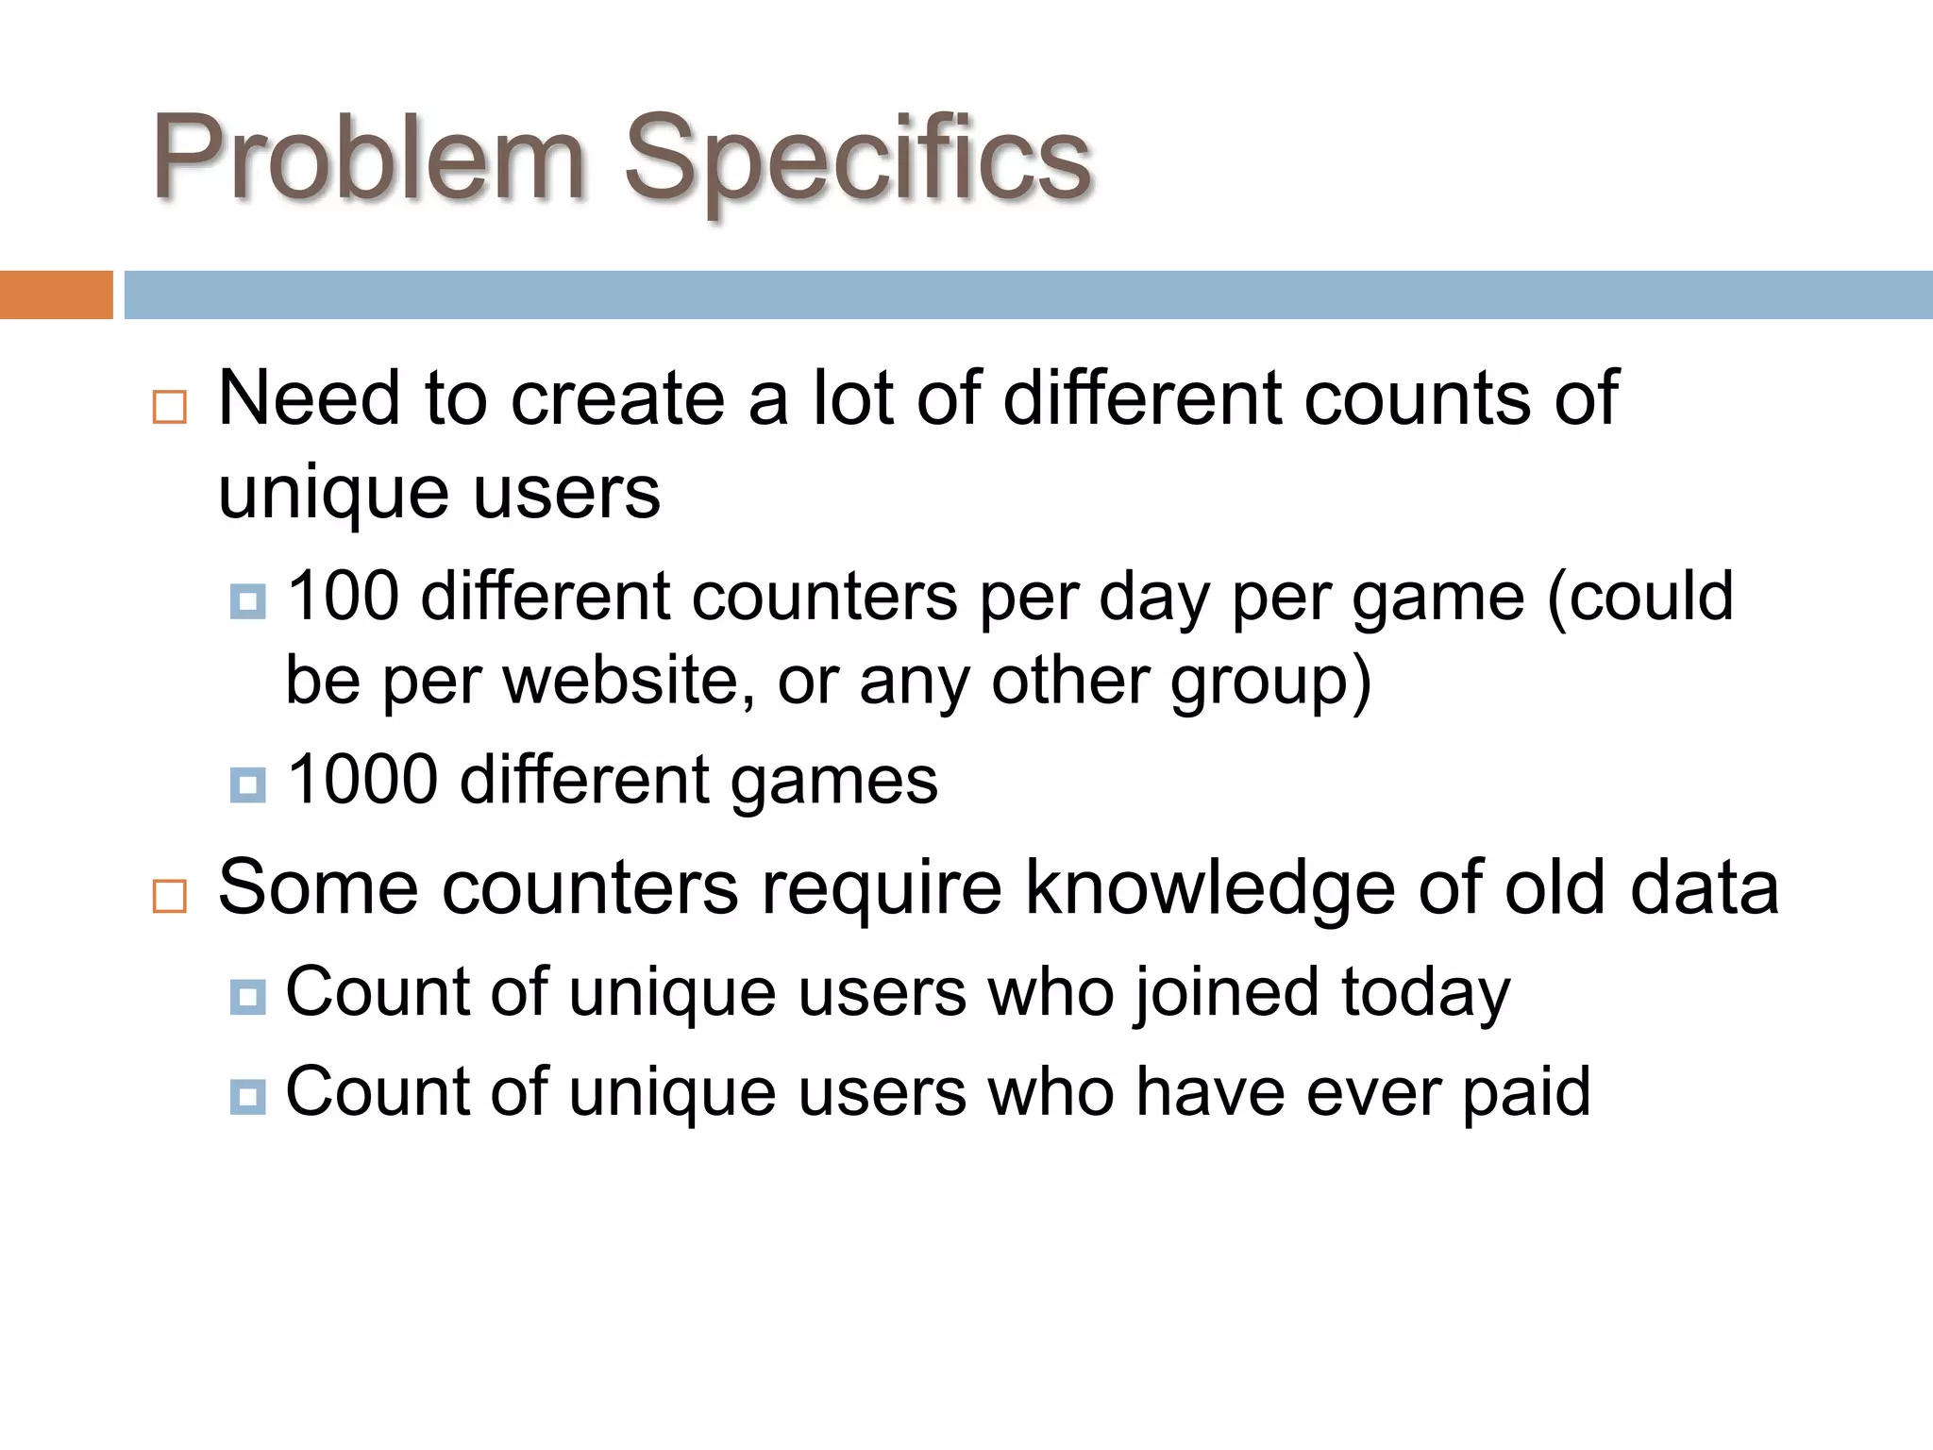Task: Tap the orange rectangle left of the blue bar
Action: [x=56, y=295]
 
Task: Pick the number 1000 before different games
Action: [x=362, y=781]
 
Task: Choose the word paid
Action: [x=1526, y=1093]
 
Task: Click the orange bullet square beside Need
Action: [x=170, y=408]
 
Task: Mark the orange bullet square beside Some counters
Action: [x=170, y=896]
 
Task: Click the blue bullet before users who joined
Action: [x=247, y=997]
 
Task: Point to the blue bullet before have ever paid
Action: [x=247, y=1097]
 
